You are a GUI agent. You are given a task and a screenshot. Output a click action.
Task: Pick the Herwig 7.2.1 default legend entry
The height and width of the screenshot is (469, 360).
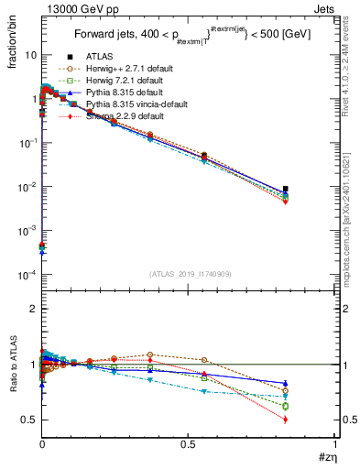(x=123, y=81)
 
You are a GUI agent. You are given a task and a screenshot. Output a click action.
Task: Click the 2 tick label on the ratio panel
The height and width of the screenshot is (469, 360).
(x=32, y=309)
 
